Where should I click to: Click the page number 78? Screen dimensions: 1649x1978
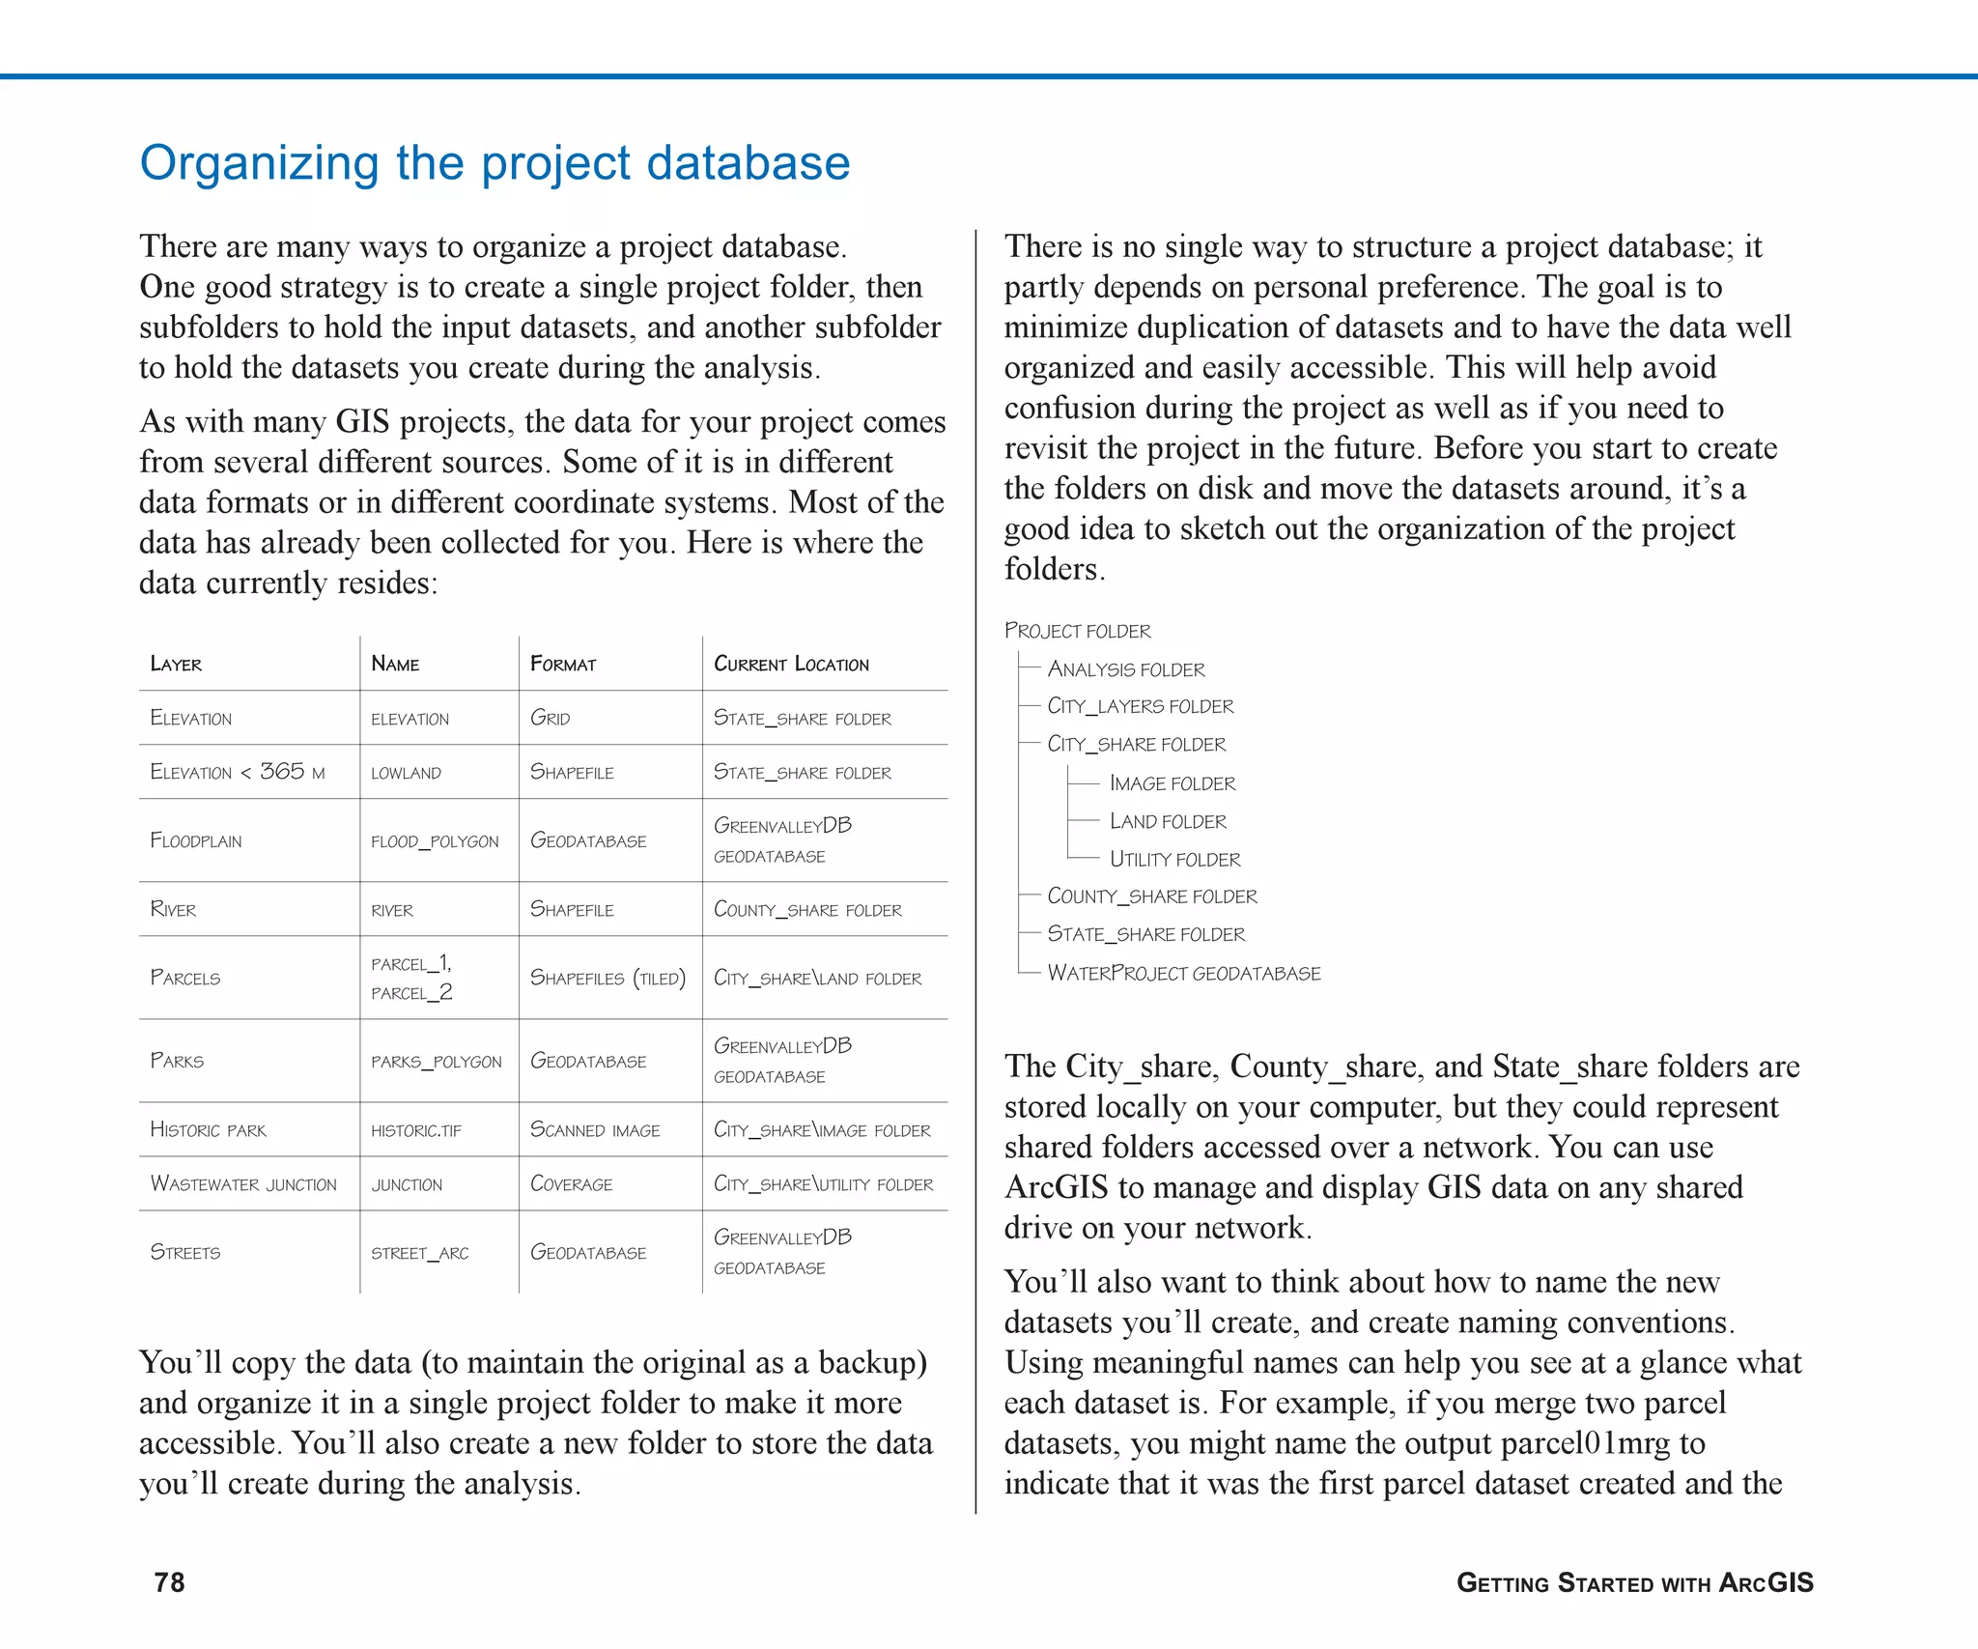pos(169,1582)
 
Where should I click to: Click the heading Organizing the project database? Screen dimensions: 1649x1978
pos(494,162)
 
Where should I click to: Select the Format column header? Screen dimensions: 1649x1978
pos(563,664)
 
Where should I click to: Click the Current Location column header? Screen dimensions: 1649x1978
pos(791,664)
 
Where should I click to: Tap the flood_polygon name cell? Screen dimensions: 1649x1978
pos(435,841)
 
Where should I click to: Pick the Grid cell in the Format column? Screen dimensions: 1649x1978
pos(551,718)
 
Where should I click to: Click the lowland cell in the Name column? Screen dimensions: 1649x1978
pos(406,773)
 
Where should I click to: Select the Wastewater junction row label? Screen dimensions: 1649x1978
pos(243,1184)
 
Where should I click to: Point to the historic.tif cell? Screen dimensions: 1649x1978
pos(416,1130)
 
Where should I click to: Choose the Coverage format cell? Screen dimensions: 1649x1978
pos(571,1184)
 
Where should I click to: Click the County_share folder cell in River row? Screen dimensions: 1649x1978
pos(807,910)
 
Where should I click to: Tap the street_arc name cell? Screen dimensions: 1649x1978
pos(420,1253)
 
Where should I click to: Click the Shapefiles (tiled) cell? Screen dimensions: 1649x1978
pos(608,979)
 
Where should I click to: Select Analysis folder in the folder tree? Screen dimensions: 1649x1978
pos(1126,669)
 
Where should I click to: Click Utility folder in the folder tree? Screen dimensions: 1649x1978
pos(1174,859)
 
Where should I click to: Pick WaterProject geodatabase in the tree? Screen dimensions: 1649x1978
pos(1184,973)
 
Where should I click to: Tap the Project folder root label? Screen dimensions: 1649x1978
pos(1078,631)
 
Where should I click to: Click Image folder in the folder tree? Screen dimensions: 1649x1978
pos(1173,783)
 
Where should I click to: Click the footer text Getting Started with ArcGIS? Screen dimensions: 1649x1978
pos(1634,1582)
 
